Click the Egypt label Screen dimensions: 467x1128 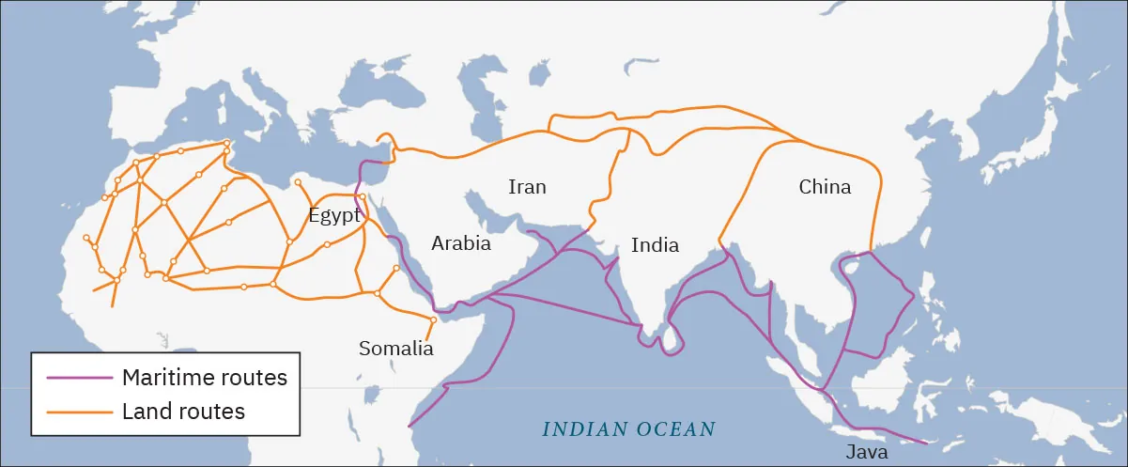click(334, 215)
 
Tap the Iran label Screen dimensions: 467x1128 click(527, 186)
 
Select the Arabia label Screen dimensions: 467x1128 click(461, 243)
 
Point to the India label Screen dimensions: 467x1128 click(655, 245)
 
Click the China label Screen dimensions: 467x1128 click(825, 186)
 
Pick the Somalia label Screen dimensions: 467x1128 click(396, 349)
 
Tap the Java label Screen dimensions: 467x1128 click(866, 451)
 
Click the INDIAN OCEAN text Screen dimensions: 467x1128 click(629, 429)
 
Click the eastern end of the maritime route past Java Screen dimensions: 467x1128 click(926, 443)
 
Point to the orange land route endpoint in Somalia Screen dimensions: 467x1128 click(433, 320)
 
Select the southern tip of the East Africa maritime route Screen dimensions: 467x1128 click(409, 428)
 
